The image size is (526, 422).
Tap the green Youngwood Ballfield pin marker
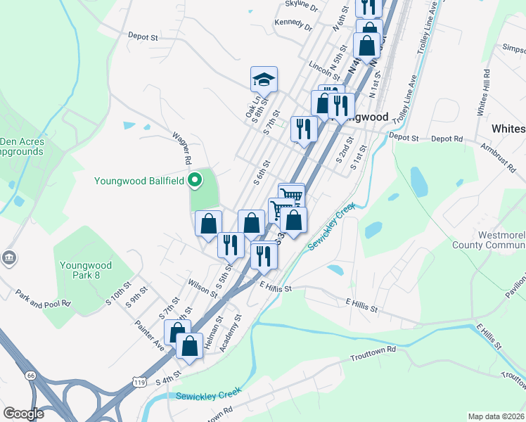pyautogui.click(x=196, y=181)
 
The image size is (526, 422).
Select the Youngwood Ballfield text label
pyautogui.click(x=140, y=181)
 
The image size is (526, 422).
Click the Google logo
pyautogui.click(x=23, y=413)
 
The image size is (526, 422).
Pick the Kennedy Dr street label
pyautogui.click(x=294, y=24)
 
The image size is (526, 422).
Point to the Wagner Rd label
pyautogui.click(x=183, y=148)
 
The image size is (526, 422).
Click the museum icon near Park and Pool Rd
pyautogui.click(x=9, y=257)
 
